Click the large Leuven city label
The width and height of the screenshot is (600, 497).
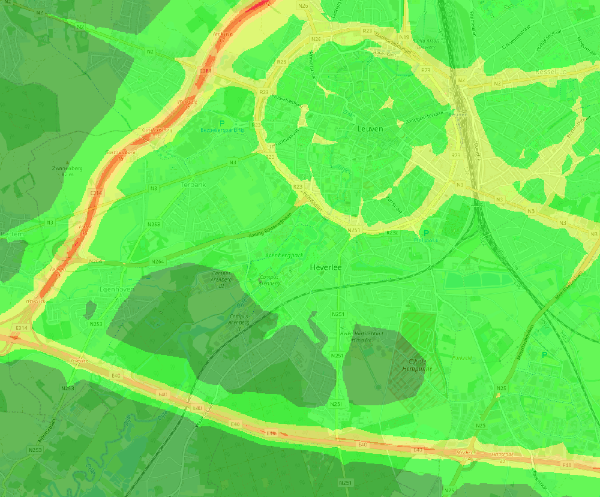370,128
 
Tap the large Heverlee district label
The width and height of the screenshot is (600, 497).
325,267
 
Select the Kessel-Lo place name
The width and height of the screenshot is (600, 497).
550,72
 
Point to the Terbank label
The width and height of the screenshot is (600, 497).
193,185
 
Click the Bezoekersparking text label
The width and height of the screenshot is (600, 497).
222,129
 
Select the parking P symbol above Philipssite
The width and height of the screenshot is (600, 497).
426,233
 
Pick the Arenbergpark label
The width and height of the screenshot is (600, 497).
284,255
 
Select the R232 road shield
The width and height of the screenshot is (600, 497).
392,233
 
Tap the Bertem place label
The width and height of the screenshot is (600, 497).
12,233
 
